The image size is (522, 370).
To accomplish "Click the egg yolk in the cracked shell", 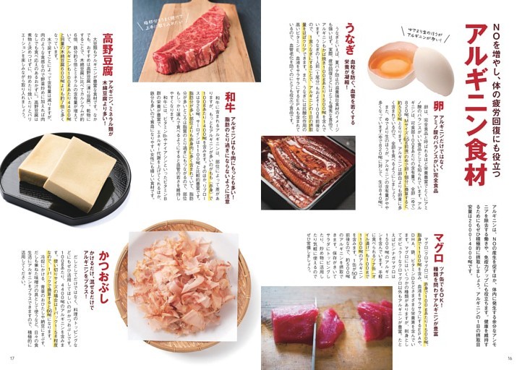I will (390, 66).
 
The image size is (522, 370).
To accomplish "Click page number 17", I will (11, 359).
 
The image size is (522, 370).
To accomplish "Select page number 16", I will (510, 359).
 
